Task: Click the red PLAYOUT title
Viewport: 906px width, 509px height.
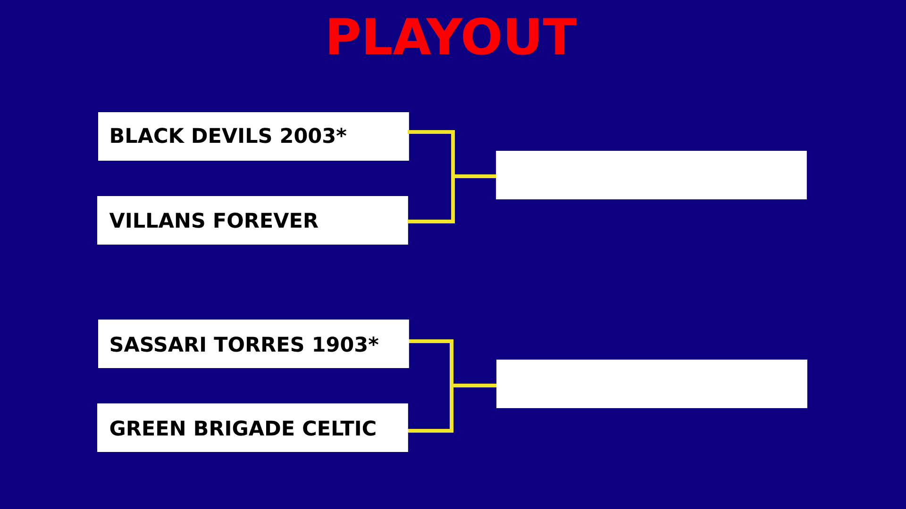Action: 451,37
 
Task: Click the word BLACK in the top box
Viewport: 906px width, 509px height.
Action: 147,136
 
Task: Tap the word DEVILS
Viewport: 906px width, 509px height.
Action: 232,136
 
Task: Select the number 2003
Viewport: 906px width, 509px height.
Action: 308,136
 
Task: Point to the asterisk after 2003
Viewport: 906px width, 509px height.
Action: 341,134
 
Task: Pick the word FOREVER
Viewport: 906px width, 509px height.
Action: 266,221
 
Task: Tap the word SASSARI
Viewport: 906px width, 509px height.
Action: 158,345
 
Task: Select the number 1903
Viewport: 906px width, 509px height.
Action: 340,345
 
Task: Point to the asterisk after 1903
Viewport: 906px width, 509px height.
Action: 373,343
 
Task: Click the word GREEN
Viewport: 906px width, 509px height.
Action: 148,429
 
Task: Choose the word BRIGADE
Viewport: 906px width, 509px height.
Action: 244,429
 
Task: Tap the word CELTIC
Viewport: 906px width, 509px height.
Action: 339,429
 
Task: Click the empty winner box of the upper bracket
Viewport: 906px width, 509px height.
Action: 651,175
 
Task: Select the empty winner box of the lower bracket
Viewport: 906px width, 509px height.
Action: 652,384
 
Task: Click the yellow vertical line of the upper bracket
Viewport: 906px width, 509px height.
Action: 453,177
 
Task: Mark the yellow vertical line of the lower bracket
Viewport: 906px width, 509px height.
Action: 452,386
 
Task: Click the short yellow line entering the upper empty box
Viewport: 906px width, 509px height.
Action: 475,176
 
